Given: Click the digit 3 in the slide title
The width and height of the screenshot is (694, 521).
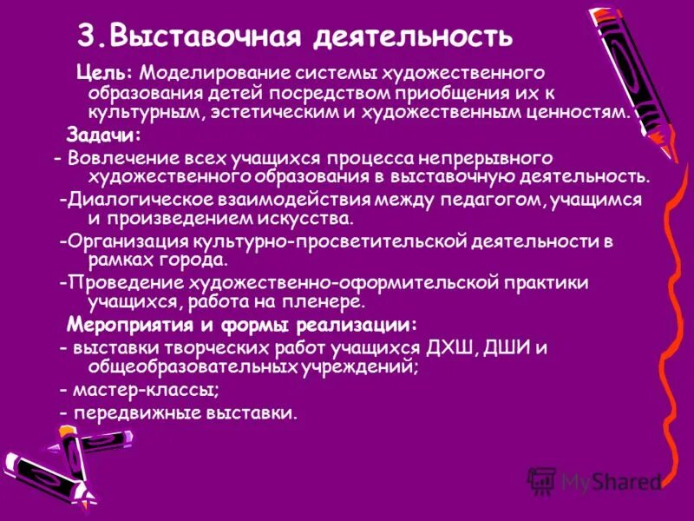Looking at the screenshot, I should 86,36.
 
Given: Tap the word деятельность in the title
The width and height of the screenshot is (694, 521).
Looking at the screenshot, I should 412,37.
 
